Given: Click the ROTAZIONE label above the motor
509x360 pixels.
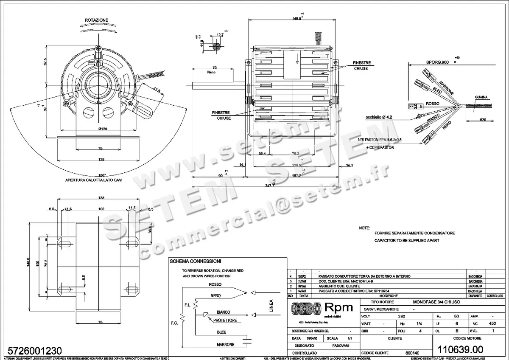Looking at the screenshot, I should pos(96,20).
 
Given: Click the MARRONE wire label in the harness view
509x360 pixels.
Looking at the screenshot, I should pos(446,87).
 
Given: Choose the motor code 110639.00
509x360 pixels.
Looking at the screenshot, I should pos(465,349).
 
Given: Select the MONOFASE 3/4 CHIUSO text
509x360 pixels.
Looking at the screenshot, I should pos(436,301).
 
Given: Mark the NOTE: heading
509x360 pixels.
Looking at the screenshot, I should pos(364,228).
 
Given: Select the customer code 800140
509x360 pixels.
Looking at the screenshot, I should pos(413,353).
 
